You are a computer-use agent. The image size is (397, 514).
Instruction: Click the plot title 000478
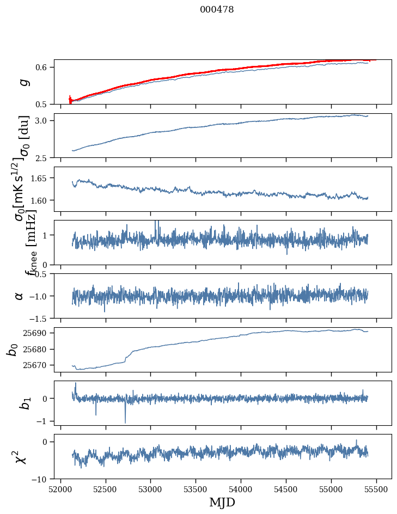217,9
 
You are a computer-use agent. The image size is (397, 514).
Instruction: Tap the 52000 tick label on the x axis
60,489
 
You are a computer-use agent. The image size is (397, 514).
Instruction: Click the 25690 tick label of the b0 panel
36,333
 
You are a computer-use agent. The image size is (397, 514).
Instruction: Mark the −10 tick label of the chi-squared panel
40,479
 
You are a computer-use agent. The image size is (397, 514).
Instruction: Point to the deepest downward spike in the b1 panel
125,422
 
